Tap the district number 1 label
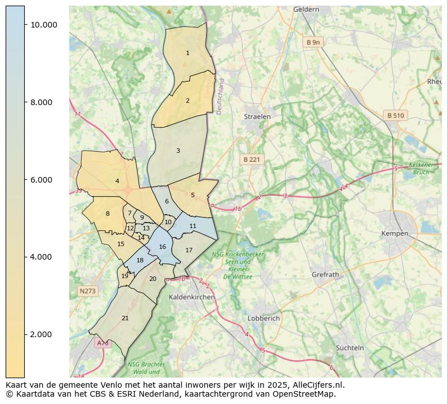coord(187,53)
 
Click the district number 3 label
coord(178,151)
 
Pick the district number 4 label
coord(117,181)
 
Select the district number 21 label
coord(125,318)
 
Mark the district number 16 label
coord(162,247)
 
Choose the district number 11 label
coord(193,226)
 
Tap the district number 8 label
coord(108,214)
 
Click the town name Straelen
coord(257,117)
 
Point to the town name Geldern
coord(306,10)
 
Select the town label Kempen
coord(394,233)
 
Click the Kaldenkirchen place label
coord(191,297)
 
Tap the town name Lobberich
coord(263,318)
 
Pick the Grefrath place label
coord(325,275)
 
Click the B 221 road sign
coord(251,160)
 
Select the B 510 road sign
coord(395,116)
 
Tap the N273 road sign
coord(87,291)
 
